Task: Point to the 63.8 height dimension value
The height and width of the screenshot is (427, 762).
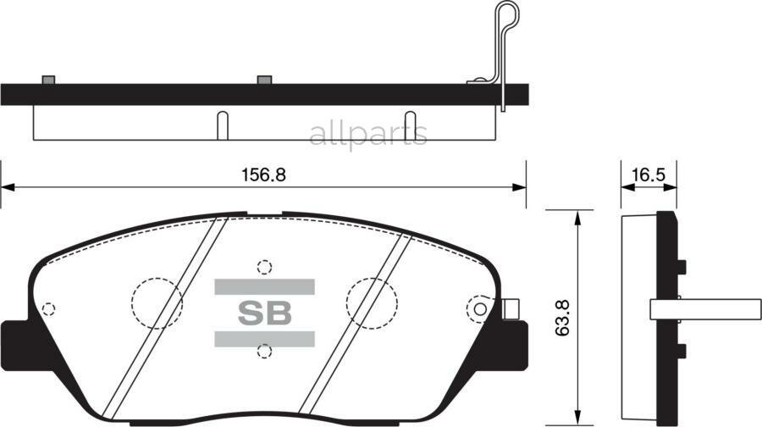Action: click(562, 313)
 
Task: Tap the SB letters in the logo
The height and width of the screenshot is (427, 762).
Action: click(263, 313)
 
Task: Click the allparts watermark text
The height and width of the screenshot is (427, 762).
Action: click(367, 135)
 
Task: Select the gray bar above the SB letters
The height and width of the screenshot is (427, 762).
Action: click(263, 286)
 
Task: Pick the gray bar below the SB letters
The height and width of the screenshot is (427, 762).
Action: click(263, 339)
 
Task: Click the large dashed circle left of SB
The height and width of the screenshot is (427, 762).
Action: click(157, 302)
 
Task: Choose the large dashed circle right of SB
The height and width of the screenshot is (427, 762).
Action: click(373, 302)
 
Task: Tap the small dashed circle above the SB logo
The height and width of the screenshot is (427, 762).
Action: click(264, 267)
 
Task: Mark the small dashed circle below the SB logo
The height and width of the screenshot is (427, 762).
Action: click(264, 351)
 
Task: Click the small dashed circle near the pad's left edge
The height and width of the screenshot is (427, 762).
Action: click(48, 309)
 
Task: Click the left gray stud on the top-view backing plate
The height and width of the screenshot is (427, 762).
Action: click(48, 80)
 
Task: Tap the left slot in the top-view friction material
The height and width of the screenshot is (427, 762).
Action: click(222, 125)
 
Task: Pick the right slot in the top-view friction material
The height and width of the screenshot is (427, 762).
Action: click(410, 125)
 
